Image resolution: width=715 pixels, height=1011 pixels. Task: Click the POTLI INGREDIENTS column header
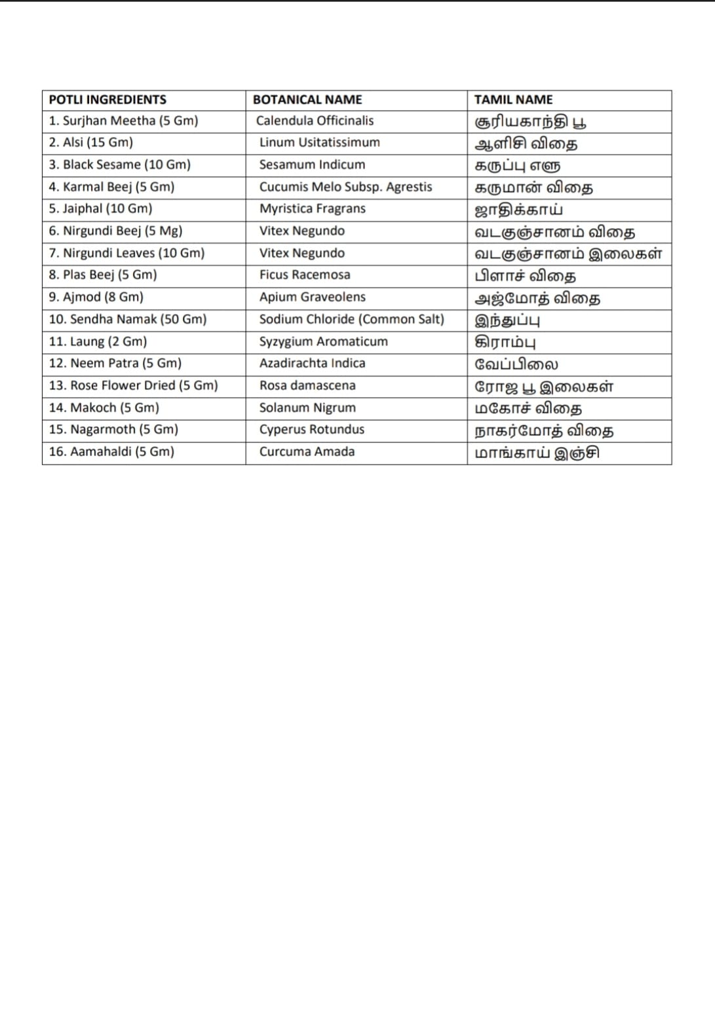pyautogui.click(x=107, y=100)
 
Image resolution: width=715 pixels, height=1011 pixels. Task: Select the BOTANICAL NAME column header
pyautogui.click(x=307, y=100)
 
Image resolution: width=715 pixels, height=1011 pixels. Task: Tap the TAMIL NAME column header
pyautogui.click(x=513, y=100)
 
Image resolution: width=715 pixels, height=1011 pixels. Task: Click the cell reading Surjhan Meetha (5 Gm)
pyautogui.click(x=123, y=121)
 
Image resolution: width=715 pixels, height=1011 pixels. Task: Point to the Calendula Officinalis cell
pyautogui.click(x=315, y=121)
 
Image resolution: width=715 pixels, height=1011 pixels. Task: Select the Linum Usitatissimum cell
pyautogui.click(x=319, y=142)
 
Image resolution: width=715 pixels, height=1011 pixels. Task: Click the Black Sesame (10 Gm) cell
pyautogui.click(x=119, y=164)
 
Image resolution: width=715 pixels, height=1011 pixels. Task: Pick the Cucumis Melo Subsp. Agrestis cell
pyautogui.click(x=345, y=187)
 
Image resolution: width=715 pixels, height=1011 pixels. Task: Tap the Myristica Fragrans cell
pyautogui.click(x=312, y=208)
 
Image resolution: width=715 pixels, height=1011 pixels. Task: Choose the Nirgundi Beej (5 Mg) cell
pyautogui.click(x=115, y=231)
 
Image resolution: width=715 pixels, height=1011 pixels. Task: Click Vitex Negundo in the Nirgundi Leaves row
pyautogui.click(x=301, y=253)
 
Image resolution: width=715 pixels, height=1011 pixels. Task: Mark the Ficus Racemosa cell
pyautogui.click(x=304, y=275)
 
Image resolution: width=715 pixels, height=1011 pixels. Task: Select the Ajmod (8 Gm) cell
pyautogui.click(x=96, y=297)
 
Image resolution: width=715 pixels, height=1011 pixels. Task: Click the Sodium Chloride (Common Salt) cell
pyautogui.click(x=351, y=319)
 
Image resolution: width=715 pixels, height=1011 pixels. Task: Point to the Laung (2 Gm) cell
pyautogui.click(x=98, y=341)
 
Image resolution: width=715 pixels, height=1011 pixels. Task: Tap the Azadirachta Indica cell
pyautogui.click(x=312, y=363)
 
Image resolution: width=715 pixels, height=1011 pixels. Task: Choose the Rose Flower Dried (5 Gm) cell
pyautogui.click(x=133, y=385)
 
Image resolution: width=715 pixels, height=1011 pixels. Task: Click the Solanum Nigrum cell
pyautogui.click(x=307, y=408)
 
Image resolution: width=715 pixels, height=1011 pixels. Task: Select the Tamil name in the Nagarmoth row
pyautogui.click(x=544, y=430)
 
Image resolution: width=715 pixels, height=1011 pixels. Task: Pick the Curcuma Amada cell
pyautogui.click(x=307, y=451)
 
